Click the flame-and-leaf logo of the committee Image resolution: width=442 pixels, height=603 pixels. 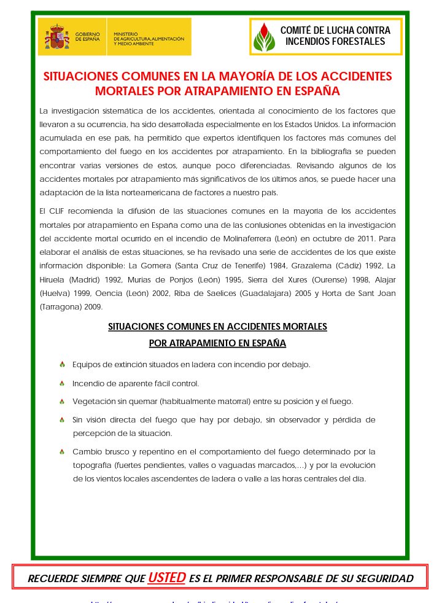click(264, 37)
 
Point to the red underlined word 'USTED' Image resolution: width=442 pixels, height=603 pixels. click(166, 578)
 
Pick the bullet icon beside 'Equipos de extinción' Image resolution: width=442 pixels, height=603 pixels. click(62, 365)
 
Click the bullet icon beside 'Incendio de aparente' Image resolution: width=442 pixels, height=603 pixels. click(62, 384)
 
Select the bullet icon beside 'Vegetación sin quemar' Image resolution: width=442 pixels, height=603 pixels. click(62, 402)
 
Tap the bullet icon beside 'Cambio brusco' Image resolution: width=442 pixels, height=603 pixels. click(62, 452)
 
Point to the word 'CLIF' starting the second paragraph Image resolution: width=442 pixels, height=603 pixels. click(58, 211)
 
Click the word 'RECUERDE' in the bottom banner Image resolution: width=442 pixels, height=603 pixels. click(55, 578)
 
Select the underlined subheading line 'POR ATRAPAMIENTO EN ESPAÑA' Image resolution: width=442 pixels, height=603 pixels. click(217, 343)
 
